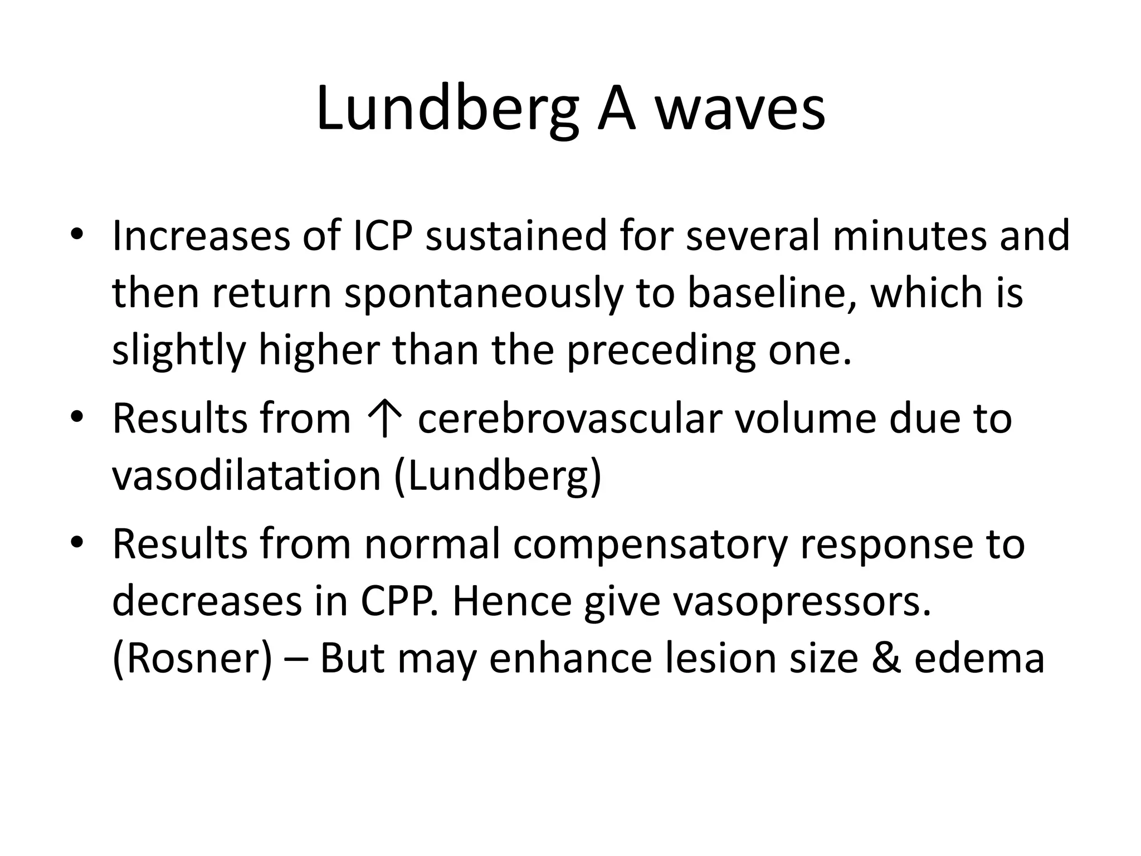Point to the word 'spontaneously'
tap(483, 294)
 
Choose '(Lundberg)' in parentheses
tap(498, 478)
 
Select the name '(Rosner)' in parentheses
tap(193, 659)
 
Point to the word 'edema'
tap(979, 658)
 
